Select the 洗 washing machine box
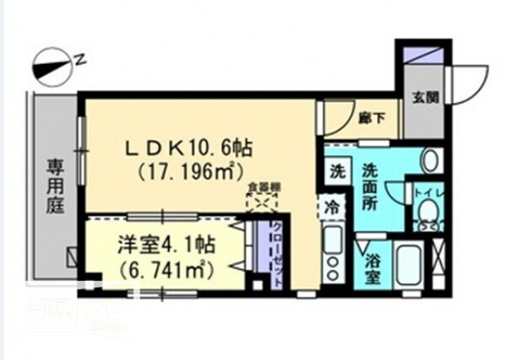[337, 171]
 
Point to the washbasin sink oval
[431, 161]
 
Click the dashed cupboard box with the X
[260, 203]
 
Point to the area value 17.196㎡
[190, 169]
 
